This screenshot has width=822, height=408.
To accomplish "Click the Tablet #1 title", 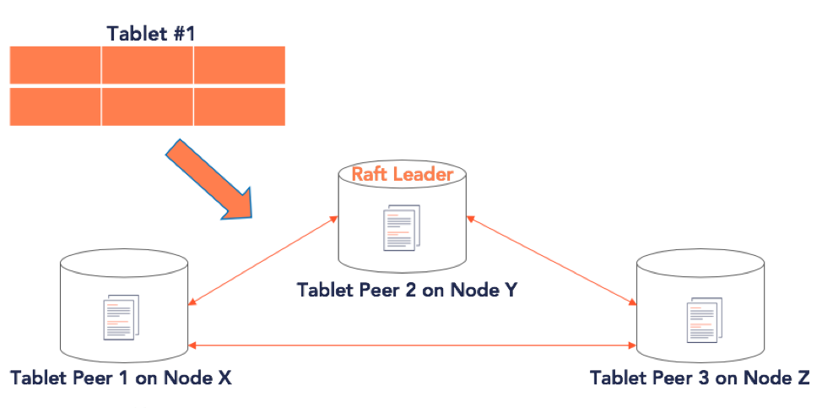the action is coord(151,34).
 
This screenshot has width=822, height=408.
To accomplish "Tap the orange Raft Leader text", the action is coord(402,174).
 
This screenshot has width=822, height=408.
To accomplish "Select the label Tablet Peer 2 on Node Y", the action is coord(408,290).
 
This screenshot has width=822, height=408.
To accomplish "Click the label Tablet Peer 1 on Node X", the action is coord(121,378).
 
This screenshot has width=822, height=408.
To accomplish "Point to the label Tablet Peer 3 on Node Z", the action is coord(700,378).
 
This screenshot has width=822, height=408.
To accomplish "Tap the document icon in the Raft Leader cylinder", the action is coord(402,227).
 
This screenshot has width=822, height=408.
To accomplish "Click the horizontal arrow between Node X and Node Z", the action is coord(412,345).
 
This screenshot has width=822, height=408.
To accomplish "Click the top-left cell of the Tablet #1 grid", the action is coord(55,64).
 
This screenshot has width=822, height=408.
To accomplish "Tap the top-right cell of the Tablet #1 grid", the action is coord(240,64).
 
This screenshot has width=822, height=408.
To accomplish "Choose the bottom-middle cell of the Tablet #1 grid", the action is coord(148,106).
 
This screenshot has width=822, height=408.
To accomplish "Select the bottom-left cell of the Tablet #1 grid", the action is coord(55,106).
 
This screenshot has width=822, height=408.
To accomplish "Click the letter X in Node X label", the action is coord(224,378).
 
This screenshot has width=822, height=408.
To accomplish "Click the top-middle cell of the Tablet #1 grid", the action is coord(148,64).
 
